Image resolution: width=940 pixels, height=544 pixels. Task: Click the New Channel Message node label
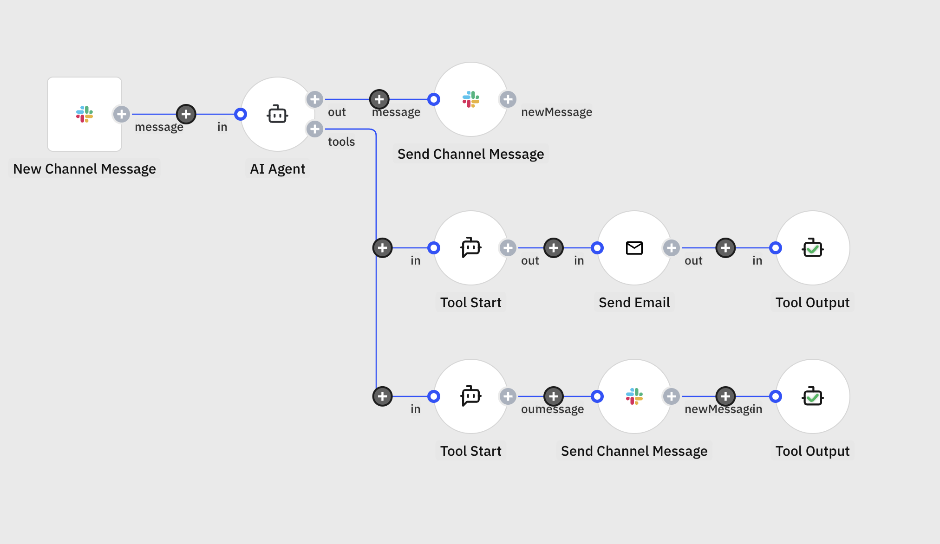tap(85, 169)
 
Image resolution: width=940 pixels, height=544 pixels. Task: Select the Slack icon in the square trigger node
tap(85, 114)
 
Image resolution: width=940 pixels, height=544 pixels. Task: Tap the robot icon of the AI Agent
tap(278, 114)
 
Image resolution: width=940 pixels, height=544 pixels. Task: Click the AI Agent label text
tap(278, 169)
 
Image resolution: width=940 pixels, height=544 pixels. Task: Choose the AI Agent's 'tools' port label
tap(341, 142)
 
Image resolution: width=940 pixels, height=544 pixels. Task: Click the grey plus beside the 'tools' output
tap(315, 129)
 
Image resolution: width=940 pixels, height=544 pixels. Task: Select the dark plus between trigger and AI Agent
tap(186, 114)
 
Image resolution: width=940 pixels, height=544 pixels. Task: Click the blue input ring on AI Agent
tap(241, 114)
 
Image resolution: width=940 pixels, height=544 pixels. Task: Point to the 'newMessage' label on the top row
tap(556, 112)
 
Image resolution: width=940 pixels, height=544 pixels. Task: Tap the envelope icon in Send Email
tap(634, 248)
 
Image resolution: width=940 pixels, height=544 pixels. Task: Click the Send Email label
tap(634, 303)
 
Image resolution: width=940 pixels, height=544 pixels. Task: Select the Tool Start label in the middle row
tap(471, 303)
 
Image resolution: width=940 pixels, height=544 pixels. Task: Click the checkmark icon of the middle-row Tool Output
tap(813, 248)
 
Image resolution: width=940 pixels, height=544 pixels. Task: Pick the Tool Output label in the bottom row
tap(813, 451)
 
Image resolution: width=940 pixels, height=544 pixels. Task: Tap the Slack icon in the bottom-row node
tap(634, 396)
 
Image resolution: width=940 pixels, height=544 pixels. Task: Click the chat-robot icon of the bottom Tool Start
tap(471, 396)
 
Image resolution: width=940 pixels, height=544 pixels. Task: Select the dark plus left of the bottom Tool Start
tap(383, 396)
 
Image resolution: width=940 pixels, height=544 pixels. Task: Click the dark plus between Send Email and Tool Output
tap(725, 248)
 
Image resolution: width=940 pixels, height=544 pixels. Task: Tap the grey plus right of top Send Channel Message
tap(508, 99)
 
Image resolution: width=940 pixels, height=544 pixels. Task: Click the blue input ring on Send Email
tap(598, 248)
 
